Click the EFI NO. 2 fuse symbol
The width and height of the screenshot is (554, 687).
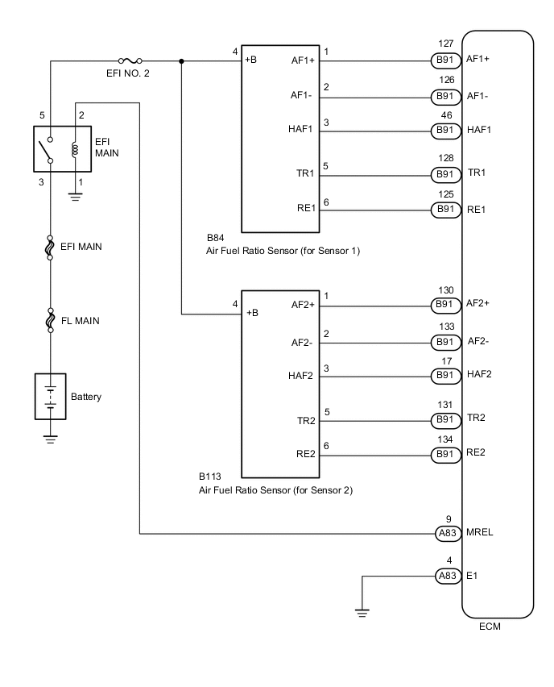point(132,60)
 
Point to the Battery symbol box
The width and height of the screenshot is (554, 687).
point(50,397)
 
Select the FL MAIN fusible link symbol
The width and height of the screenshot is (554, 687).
point(50,321)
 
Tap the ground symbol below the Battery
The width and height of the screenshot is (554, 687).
point(50,439)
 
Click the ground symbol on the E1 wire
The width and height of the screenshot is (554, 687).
point(363,613)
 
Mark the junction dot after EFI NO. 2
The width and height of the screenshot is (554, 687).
point(181,60)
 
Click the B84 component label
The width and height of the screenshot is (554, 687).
point(214,239)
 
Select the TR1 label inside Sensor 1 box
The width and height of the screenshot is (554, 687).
point(304,173)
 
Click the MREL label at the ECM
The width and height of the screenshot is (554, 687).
point(480,533)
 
